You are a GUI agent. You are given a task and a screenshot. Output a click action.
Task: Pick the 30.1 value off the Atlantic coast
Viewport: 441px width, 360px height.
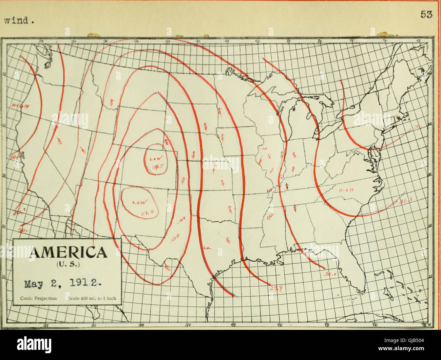click(x=403, y=201)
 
